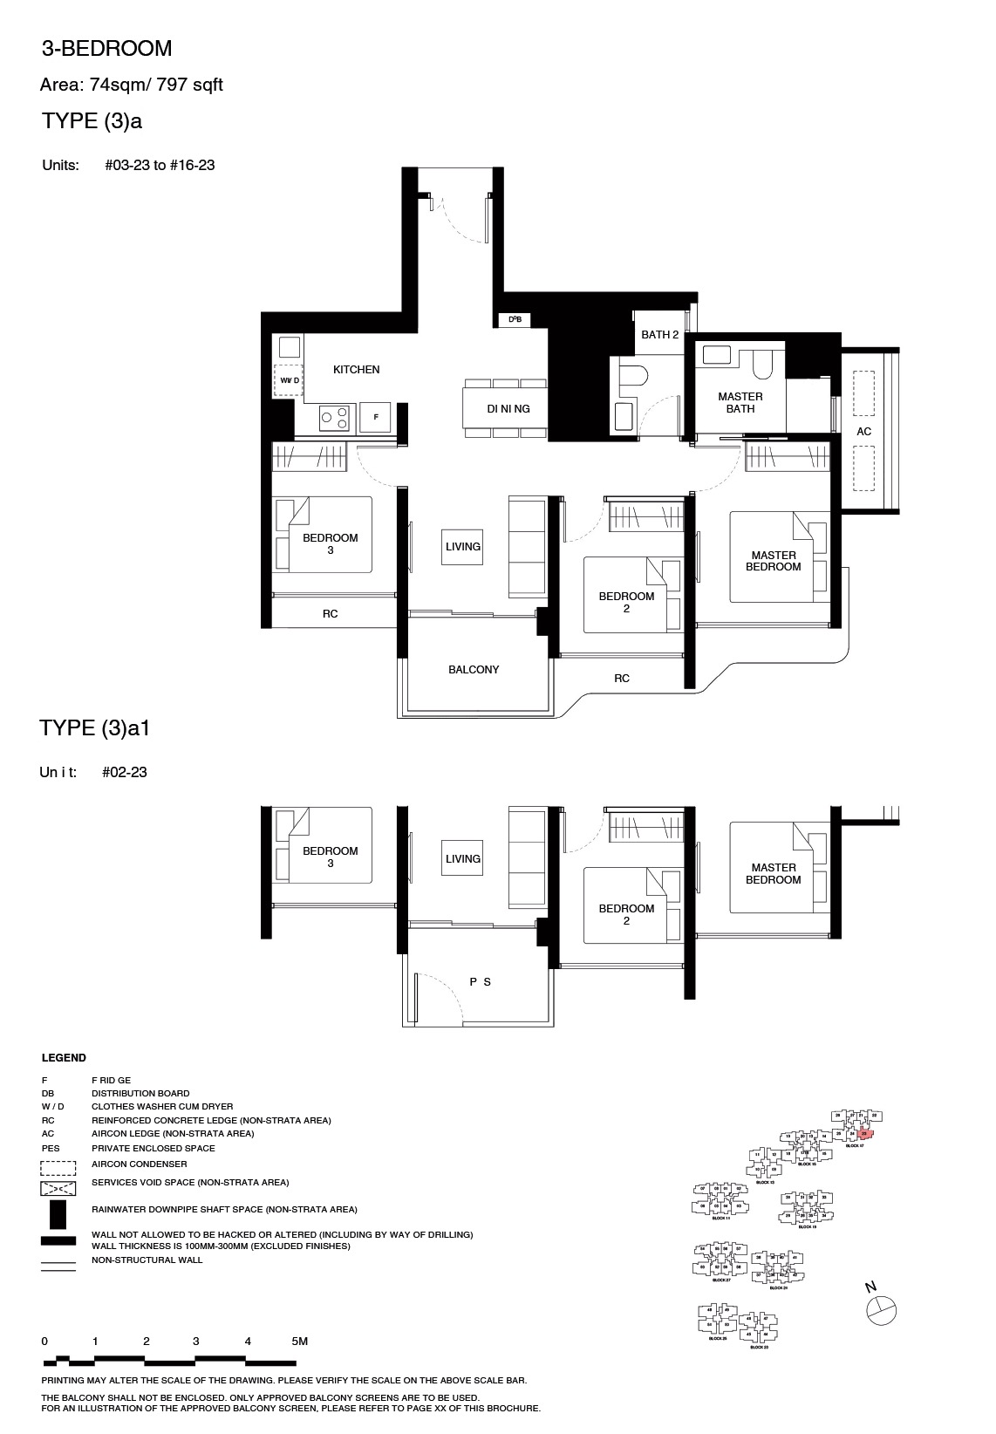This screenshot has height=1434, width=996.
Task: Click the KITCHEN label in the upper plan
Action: tap(356, 370)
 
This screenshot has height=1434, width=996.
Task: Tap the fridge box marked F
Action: tap(375, 417)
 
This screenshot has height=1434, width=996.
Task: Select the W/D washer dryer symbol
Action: tap(289, 380)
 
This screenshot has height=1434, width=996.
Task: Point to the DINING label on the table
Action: tap(508, 408)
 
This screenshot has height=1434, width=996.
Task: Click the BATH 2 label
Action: tap(659, 334)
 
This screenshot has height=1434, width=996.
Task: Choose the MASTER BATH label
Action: tap(740, 402)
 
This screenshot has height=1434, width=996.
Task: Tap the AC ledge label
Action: tap(863, 432)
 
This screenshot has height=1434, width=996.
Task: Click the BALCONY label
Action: tap(474, 670)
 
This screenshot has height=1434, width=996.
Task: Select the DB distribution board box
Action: tap(515, 319)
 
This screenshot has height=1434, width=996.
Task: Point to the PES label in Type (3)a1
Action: tap(480, 982)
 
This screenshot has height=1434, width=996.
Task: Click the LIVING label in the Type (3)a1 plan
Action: tap(463, 859)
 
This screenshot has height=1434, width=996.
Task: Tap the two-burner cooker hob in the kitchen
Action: tap(337, 417)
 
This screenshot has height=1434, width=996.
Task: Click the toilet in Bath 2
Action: tap(632, 376)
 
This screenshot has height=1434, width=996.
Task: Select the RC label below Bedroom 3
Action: tap(330, 614)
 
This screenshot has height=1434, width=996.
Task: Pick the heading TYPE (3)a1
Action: tap(95, 728)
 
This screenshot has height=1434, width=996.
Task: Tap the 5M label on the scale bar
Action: tap(299, 1342)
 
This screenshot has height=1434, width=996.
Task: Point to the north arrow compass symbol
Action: tap(882, 1308)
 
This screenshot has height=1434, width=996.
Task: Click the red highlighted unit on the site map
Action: tap(864, 1134)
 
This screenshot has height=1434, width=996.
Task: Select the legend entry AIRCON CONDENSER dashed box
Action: tap(58, 1164)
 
